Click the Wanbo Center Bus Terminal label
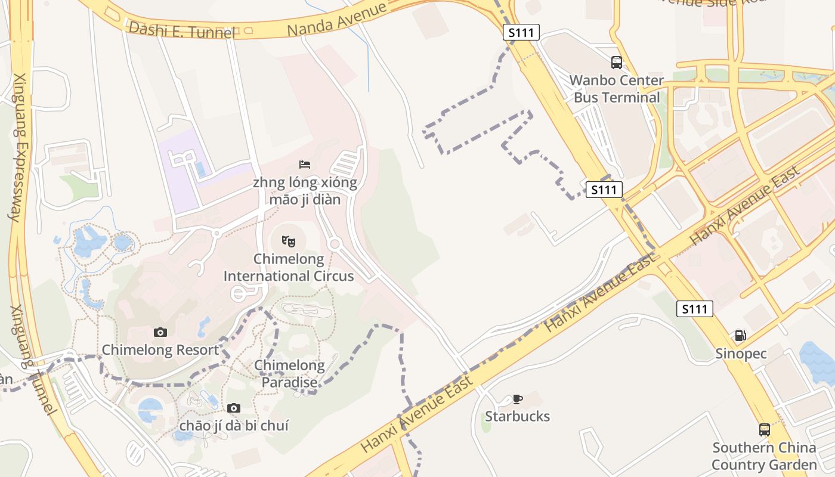click(x=617, y=89)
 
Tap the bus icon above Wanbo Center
click(x=617, y=63)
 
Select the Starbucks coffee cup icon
click(x=517, y=399)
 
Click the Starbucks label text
click(x=517, y=416)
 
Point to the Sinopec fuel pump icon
click(x=740, y=336)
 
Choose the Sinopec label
click(x=740, y=354)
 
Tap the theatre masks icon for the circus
click(x=289, y=241)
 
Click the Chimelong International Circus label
click(x=289, y=268)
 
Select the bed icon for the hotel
click(x=305, y=164)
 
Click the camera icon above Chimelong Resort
click(x=160, y=332)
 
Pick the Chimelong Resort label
click(x=160, y=350)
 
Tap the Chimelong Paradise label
click(x=289, y=374)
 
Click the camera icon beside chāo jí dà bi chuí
click(x=234, y=408)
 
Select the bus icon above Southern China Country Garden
click(x=764, y=429)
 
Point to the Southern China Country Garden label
click(x=764, y=456)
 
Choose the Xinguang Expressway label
click(x=18, y=146)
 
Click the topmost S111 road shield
click(x=521, y=32)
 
